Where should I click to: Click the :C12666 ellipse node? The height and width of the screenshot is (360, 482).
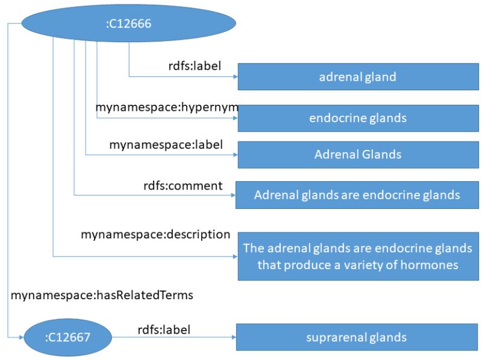128,24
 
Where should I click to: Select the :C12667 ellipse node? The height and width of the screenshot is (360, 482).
67,338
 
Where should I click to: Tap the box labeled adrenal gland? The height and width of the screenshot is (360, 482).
358,76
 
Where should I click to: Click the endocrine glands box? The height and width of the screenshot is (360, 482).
358,118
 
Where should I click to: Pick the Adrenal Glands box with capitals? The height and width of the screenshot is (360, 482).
358,155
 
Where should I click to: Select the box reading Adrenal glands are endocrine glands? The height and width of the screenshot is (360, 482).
357,195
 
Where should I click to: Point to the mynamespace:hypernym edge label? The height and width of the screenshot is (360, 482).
167,108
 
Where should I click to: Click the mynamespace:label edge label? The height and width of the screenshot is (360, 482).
166,144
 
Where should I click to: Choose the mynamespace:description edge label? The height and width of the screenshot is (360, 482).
155,234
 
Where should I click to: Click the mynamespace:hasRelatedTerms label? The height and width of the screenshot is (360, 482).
102,295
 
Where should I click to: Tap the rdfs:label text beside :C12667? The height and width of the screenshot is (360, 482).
164,329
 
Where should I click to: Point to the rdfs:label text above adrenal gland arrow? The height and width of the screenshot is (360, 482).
195,66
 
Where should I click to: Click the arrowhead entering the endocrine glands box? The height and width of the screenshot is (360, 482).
234,118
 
